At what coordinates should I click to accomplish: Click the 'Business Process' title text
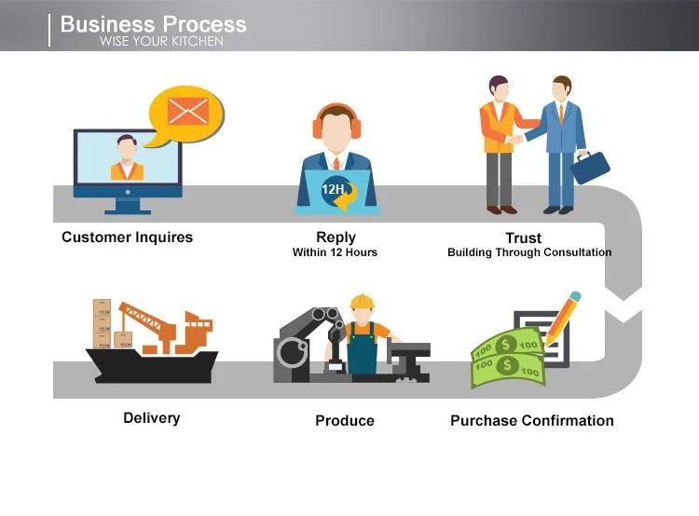(154, 24)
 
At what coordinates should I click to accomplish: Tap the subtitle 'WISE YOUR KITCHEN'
(161, 42)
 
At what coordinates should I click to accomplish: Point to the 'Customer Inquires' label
(127, 238)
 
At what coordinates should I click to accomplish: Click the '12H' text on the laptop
(333, 189)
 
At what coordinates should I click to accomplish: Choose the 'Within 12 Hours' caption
(335, 252)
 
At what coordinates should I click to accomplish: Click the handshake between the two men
(515, 139)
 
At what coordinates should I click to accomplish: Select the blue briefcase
(590, 167)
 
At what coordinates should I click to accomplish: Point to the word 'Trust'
(523, 238)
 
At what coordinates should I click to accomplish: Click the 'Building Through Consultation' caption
(529, 252)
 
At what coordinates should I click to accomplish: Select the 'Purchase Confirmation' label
(532, 421)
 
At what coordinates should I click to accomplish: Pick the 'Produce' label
(345, 421)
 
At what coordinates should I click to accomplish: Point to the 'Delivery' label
(152, 418)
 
